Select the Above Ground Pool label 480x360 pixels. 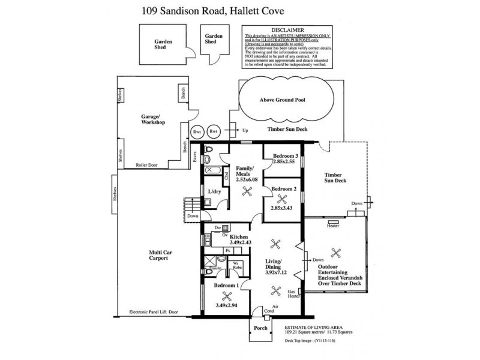283,100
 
